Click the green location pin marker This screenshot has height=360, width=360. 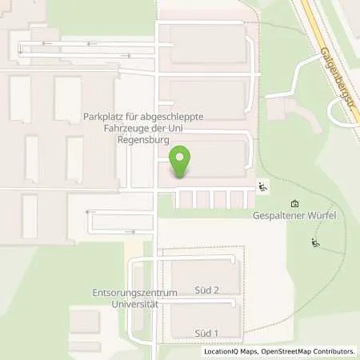tap(182, 161)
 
